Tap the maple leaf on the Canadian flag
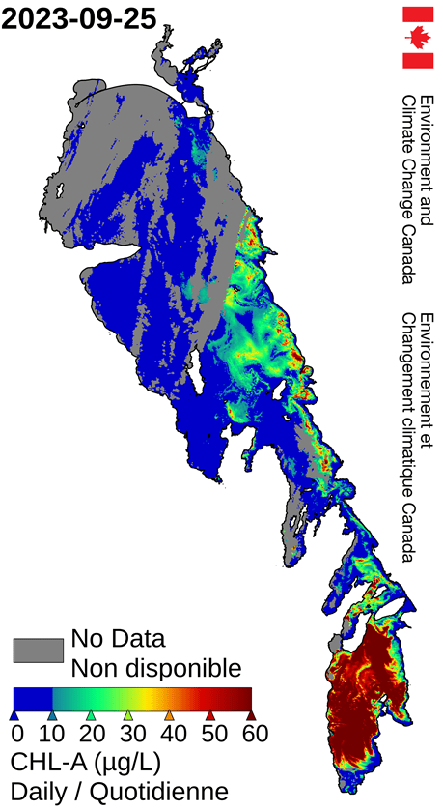418,38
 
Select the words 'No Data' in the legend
118,639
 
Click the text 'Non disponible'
155,667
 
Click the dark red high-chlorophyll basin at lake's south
367,706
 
